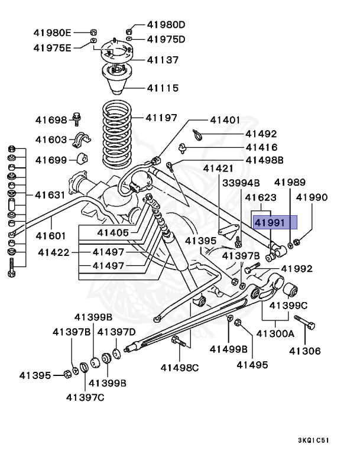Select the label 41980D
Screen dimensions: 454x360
tap(166, 25)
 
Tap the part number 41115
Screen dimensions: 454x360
tap(162, 88)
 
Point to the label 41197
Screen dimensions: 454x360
tap(161, 118)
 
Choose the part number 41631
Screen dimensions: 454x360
tap(51, 194)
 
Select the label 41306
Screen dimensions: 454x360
tap(304, 351)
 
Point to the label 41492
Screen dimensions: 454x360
tap(261, 134)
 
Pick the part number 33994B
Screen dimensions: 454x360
tap(241, 183)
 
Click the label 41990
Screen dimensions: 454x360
tap(312, 197)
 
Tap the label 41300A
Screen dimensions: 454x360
tap(275, 333)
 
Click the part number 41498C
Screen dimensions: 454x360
tap(180, 368)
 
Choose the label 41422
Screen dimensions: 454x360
tap(54, 252)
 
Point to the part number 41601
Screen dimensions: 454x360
tap(51, 236)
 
